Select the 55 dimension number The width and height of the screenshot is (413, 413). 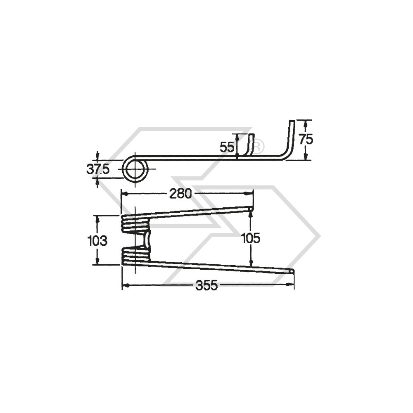[x=227, y=146]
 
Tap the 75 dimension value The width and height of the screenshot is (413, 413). [x=306, y=140]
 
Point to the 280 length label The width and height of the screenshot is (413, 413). [x=180, y=193]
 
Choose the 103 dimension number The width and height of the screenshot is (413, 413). [x=97, y=240]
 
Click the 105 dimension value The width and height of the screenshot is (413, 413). [x=250, y=238]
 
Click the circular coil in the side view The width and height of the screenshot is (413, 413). [x=136, y=170]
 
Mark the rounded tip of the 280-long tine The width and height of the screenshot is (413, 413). [x=251, y=210]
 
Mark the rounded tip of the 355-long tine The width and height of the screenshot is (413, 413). [x=292, y=271]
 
